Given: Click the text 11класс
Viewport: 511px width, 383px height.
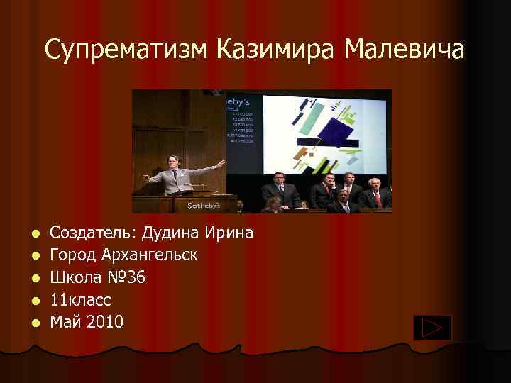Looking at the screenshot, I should coord(81,299).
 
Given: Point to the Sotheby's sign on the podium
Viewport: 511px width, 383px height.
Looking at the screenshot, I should coord(204,205).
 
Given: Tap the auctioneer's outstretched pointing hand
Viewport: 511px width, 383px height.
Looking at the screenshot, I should coord(221,163).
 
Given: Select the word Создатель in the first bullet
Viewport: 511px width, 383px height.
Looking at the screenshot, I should coord(93,233).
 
